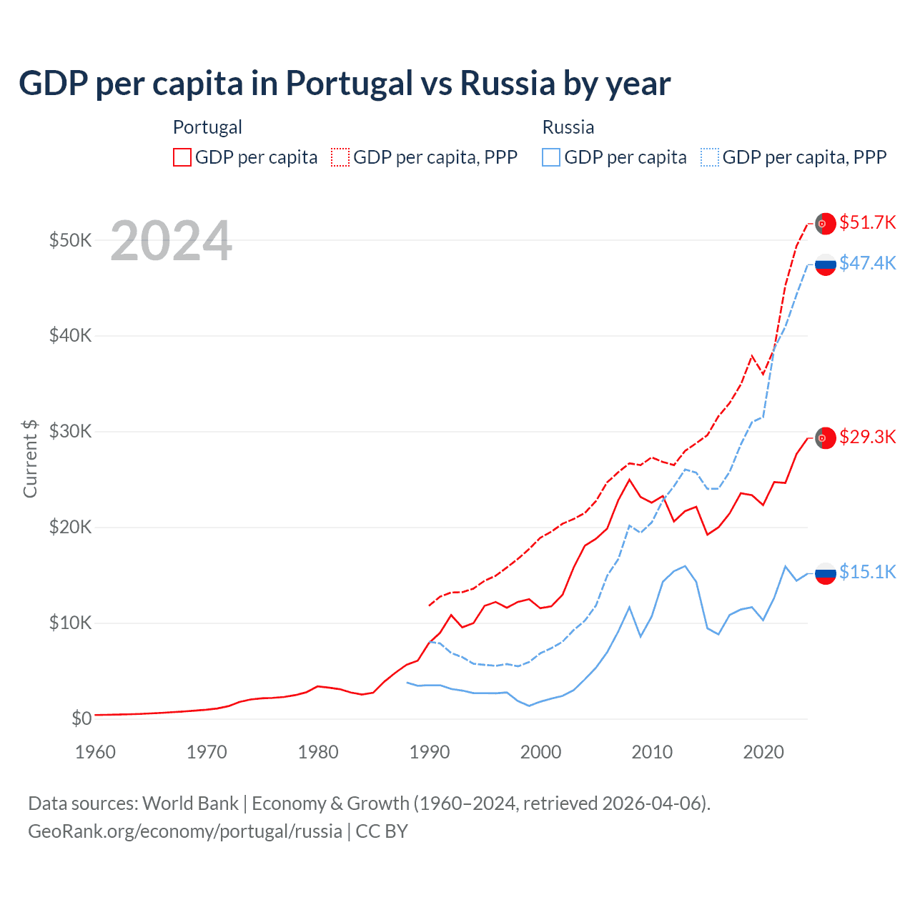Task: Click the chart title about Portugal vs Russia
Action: pos(344,84)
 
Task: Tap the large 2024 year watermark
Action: pos(172,241)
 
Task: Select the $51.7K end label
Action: pos(867,222)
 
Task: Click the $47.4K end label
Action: pos(867,263)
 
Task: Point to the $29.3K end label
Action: pos(867,437)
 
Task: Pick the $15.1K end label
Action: pos(867,572)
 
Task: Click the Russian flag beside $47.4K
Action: pos(826,264)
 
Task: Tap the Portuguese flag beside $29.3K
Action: pos(826,437)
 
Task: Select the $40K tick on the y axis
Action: pos(70,335)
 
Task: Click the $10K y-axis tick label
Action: pos(70,623)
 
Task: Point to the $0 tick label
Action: pos(81,718)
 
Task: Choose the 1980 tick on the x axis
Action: pos(318,752)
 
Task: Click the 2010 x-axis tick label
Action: pos(652,752)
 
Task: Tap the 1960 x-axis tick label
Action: pos(95,752)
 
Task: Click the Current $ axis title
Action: pos(30,458)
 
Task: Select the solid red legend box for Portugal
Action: pos(182,157)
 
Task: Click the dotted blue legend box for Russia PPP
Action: pos(710,157)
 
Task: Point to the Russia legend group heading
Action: pos(568,127)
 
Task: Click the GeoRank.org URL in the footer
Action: pos(185,831)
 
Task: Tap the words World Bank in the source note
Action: pos(190,803)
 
